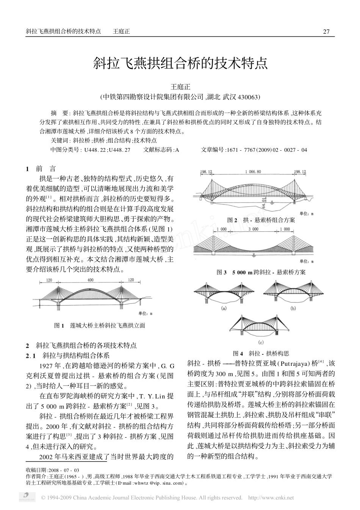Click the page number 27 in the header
326,32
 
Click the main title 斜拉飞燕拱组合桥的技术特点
180,63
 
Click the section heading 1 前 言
41,169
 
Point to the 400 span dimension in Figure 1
90,280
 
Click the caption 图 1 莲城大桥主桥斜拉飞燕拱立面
100,325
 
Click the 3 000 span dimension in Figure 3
254,229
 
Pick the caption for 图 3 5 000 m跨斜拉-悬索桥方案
261,272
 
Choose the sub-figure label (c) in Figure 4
261,343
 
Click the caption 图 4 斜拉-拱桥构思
261,353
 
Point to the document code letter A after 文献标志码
177,150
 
